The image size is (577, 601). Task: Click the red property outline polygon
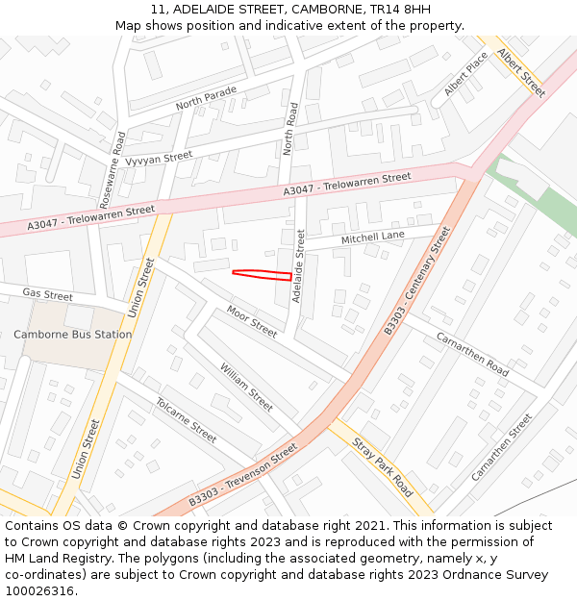[x=263, y=275]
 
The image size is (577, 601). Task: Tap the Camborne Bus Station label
[x=73, y=335]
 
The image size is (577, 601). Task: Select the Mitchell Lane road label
[x=373, y=237]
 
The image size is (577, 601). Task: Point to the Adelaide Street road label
[x=298, y=265]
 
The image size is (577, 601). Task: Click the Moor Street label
[x=252, y=321]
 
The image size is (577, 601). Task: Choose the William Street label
[x=246, y=387]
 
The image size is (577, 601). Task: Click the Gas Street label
[x=48, y=295]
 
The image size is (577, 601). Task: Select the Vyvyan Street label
[x=160, y=158]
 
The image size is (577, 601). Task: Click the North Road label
[x=291, y=129]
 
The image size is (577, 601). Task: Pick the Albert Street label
[x=521, y=72]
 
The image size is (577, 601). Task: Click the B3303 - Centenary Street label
[x=417, y=281]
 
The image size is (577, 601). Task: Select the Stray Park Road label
[x=383, y=467]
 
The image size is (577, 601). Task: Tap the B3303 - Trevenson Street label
[x=243, y=475]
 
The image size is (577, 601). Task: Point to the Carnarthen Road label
[x=472, y=354]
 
